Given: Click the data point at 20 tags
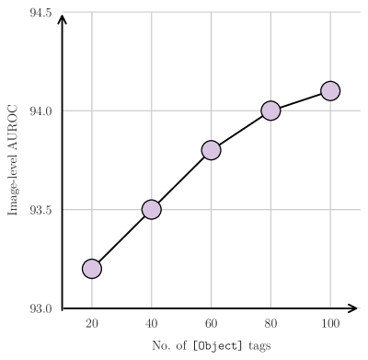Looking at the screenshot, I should click(92, 268).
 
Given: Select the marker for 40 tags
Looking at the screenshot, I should click(151, 209).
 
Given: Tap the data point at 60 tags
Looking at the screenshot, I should click(211, 150).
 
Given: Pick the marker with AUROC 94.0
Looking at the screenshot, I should click(270, 110).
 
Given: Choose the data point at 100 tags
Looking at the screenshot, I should click(330, 90).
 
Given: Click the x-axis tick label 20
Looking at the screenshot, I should click(92, 323).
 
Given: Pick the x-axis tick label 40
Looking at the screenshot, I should click(151, 323).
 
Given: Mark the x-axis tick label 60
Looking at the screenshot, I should click(211, 323).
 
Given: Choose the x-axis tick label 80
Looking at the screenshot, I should click(270, 323).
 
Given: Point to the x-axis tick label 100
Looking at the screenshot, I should click(330, 323).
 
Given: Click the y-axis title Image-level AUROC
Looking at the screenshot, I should click(14, 160).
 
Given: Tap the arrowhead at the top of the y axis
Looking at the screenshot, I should click(62, 17).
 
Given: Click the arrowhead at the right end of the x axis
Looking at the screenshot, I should click(352, 308).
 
